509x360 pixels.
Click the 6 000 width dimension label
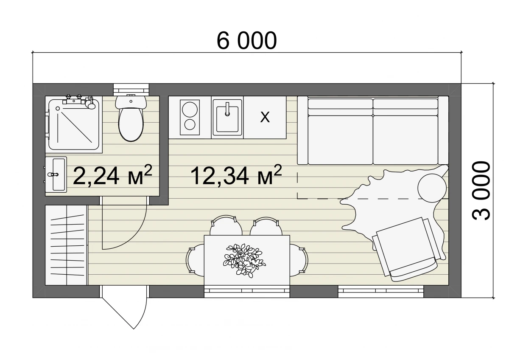tap(247, 40)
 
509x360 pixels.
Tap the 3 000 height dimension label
tap(481, 191)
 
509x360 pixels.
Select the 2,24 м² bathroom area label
tap(112, 175)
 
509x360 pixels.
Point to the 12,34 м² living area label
tap(236, 175)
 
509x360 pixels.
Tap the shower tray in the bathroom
tap(74, 124)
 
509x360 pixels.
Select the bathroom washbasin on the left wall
tap(56, 174)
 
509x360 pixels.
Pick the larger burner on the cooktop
tap(190, 110)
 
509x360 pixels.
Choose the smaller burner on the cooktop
tap(190, 125)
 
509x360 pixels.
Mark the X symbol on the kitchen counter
tap(265, 117)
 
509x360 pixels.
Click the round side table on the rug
tap(432, 188)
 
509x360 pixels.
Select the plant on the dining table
tap(244, 260)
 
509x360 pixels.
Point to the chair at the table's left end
tap(195, 260)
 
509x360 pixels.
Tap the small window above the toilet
tap(131, 90)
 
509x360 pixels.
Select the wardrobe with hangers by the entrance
tap(66, 245)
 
